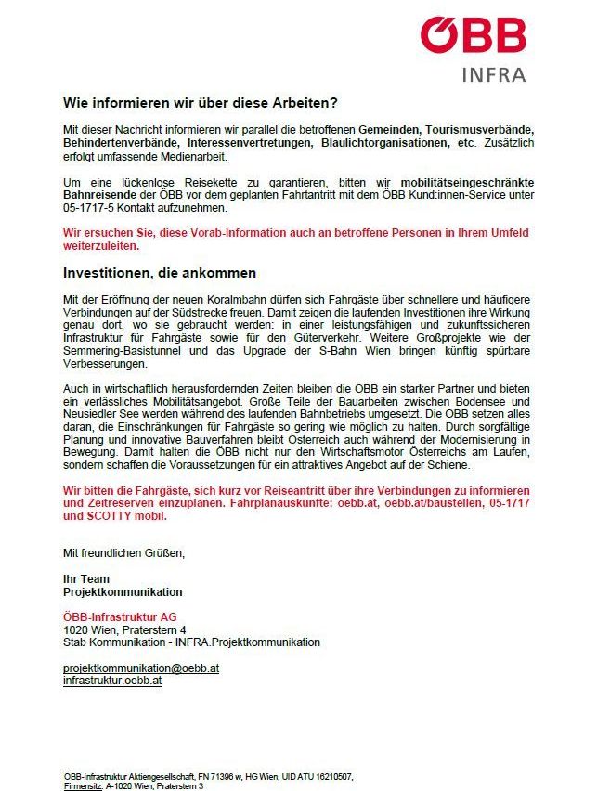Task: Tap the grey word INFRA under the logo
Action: click(493, 75)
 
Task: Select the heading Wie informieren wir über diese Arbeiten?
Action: click(200, 103)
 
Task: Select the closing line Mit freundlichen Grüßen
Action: click(123, 553)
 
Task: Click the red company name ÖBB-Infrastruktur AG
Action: click(120, 616)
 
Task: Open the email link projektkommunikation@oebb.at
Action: click(140, 668)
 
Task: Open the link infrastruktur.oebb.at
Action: click(112, 680)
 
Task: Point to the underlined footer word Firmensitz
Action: click(83, 785)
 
